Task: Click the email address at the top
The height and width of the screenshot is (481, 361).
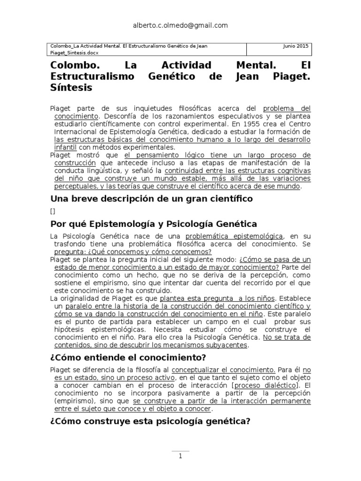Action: (180, 26)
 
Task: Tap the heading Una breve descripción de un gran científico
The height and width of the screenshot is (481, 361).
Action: (151, 199)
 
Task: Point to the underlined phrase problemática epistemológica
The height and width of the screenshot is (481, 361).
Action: (235, 236)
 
